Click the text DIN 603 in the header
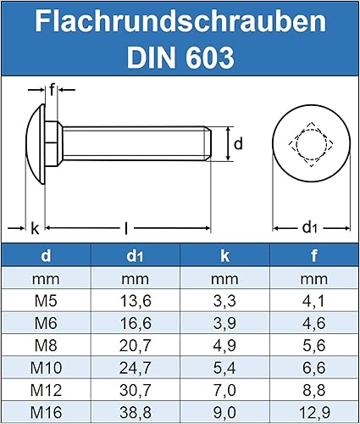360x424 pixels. pyautogui.click(x=180, y=57)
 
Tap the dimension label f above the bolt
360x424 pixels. pyautogui.click(x=52, y=89)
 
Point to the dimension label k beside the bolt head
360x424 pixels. pyautogui.click(x=35, y=227)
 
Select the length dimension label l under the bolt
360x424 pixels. pyautogui.click(x=126, y=227)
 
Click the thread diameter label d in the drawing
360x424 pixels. pyautogui.click(x=238, y=144)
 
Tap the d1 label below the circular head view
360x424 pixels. pyautogui.click(x=311, y=227)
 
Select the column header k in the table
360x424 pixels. pyautogui.click(x=224, y=254)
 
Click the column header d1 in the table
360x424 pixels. pyautogui.click(x=135, y=254)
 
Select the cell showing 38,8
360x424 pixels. pyautogui.click(x=135, y=411)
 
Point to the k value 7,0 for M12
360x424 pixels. pyautogui.click(x=224, y=389)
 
